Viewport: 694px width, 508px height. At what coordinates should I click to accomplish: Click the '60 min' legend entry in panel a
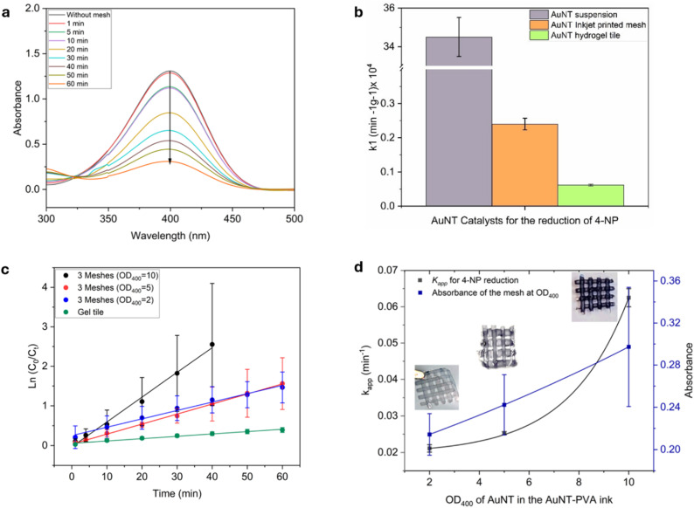tap(68, 84)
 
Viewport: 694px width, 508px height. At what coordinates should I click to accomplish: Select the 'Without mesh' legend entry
tap(80, 15)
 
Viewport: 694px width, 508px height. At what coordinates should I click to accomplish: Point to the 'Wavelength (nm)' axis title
tap(170, 236)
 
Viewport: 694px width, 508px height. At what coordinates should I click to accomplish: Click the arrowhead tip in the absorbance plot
tap(170, 164)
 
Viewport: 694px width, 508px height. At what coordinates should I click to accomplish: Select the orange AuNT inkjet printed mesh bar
tap(524, 165)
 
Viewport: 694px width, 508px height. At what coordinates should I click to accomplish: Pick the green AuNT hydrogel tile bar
tap(591, 196)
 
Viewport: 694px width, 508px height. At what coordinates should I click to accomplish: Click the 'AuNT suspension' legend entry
tap(573, 15)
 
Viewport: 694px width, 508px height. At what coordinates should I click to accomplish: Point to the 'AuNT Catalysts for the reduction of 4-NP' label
tap(524, 220)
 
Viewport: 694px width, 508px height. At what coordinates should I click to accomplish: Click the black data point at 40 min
tap(212, 345)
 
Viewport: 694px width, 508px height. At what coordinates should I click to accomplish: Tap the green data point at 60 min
tap(282, 429)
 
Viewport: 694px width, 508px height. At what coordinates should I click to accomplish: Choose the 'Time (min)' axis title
tap(177, 493)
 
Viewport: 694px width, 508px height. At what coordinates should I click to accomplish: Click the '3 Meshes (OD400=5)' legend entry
tap(108, 288)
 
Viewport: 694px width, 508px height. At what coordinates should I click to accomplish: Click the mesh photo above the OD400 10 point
tap(594, 297)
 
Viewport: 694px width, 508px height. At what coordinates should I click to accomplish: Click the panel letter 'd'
tap(358, 267)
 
